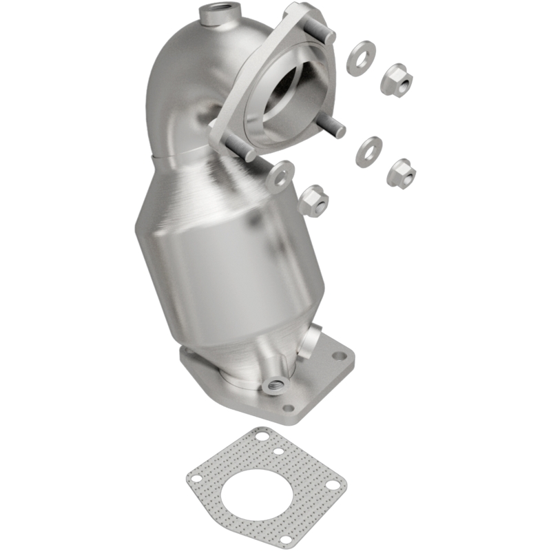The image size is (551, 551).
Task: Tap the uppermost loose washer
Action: (361, 59)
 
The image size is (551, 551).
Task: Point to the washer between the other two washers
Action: (369, 151)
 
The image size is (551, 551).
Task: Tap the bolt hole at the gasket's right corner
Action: (333, 486)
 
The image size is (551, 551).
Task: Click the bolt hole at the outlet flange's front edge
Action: (288, 408)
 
